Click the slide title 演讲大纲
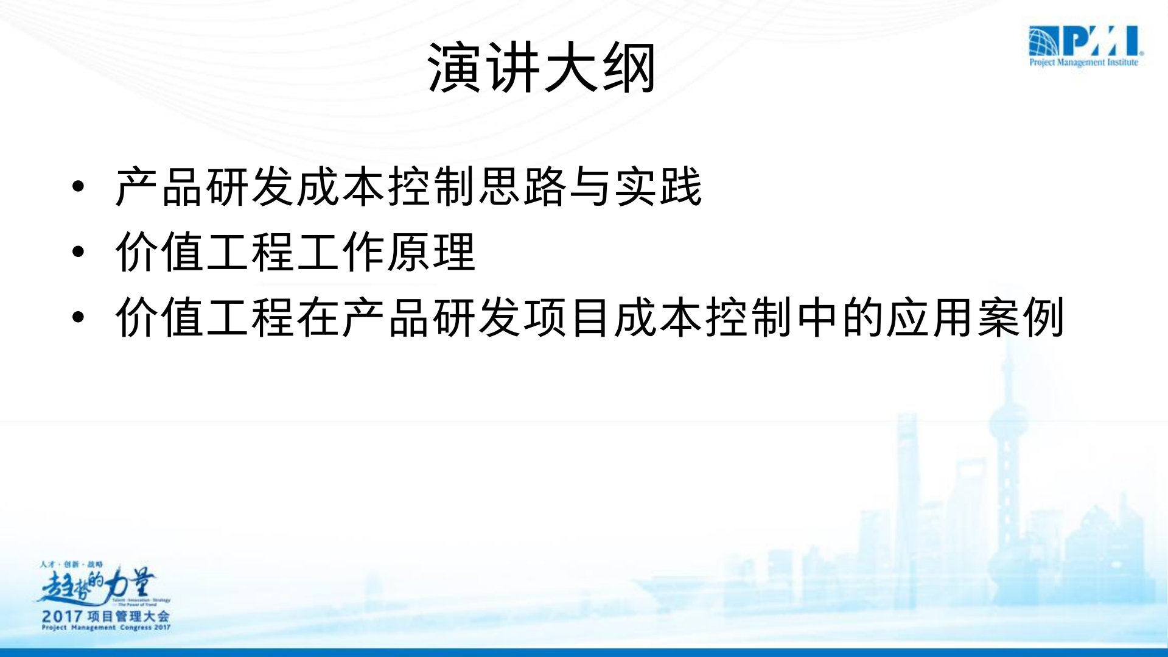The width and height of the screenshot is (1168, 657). (541, 68)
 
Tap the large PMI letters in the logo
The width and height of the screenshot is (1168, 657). (1102, 41)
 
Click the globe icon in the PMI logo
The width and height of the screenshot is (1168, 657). (1043, 41)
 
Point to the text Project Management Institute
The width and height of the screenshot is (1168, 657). (1083, 62)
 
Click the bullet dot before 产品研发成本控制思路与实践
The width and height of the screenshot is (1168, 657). (78, 186)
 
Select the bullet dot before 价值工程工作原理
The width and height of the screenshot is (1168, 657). (78, 251)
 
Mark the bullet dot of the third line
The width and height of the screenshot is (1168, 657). (78, 317)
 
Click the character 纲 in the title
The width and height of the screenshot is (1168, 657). (629, 68)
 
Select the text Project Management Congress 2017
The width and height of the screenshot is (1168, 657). (106, 628)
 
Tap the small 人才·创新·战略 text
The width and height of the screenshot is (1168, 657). (71, 564)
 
